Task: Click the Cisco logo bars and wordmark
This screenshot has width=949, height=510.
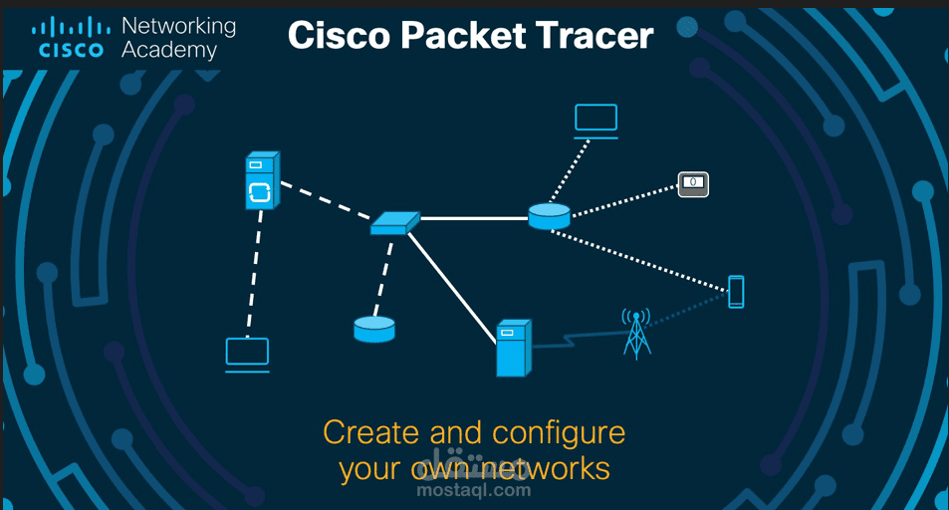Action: [70, 37]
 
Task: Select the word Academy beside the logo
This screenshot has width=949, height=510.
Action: [169, 49]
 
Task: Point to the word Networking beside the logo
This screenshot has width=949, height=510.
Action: [178, 25]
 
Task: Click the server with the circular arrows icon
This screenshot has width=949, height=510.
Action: [261, 181]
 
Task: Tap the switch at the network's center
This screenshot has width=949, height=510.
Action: [394, 223]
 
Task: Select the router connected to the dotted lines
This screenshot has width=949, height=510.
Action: [549, 216]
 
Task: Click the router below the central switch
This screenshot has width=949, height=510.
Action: [374, 329]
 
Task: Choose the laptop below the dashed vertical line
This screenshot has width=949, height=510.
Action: [247, 355]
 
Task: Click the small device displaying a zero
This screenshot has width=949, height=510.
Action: [693, 183]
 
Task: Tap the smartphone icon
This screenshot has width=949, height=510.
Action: [736, 292]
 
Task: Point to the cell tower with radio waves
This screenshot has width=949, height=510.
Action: [635, 332]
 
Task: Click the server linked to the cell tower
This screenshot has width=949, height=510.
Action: [513, 348]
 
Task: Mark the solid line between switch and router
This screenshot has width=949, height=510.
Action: [474, 218]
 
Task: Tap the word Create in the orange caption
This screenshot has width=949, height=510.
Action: [371, 432]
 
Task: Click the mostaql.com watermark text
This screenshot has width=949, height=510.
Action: [473, 489]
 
